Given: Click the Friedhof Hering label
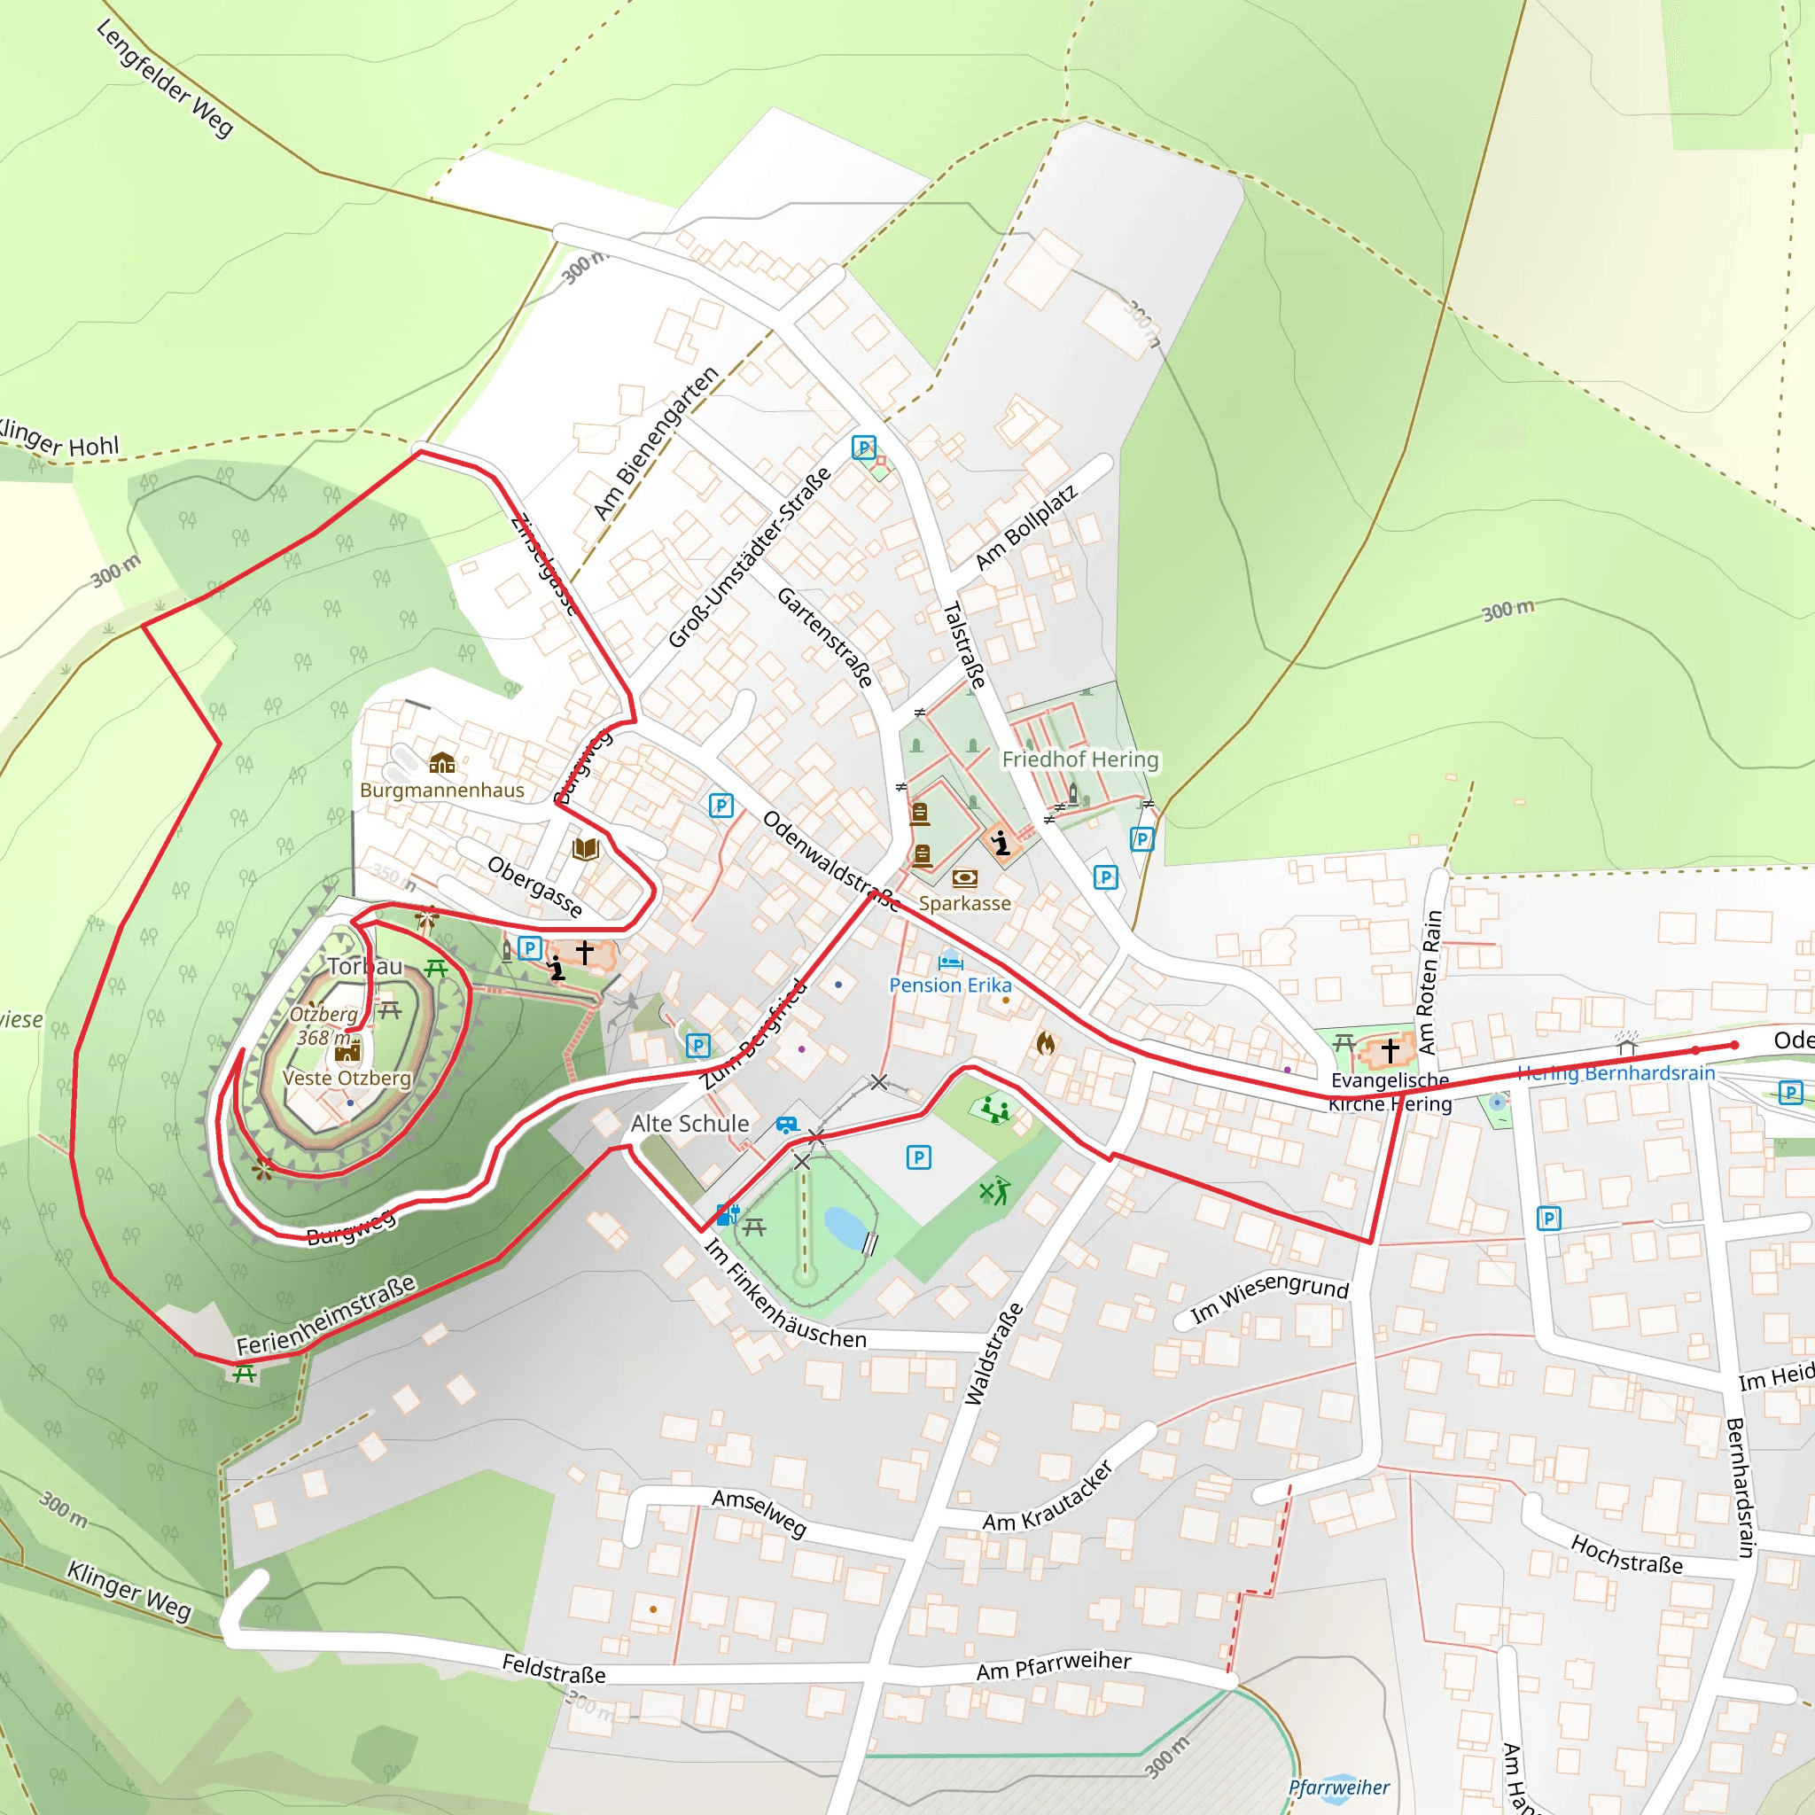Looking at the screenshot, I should pos(1080,759).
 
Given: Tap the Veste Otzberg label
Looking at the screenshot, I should pos(347,1078).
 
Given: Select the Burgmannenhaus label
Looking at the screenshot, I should pos(441,790).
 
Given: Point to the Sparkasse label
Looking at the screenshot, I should pos(965,903).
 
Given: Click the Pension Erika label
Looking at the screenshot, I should pos(950,985).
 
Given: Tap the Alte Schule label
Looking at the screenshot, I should pos(689,1124).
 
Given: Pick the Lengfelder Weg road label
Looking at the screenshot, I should pos(165,79).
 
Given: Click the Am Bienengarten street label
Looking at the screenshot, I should pos(656,442).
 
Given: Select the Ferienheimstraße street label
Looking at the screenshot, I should pos(325,1315).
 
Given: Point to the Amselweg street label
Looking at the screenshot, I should pos(759,1512).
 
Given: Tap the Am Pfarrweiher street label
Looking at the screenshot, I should pos(1053,1665).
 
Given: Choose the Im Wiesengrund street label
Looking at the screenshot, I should pos(1269,1297).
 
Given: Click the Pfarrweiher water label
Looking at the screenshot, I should pos(1339,1787).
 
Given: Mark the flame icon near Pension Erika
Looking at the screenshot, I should pos(1046,1043).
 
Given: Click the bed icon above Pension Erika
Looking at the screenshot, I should pos(951,961).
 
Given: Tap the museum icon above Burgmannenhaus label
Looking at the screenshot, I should pos(441,762).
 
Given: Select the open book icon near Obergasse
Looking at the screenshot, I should pos(585,849).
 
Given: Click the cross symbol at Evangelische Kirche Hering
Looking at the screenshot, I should pos(1390,1049).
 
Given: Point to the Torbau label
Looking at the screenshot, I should pos(364,966).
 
